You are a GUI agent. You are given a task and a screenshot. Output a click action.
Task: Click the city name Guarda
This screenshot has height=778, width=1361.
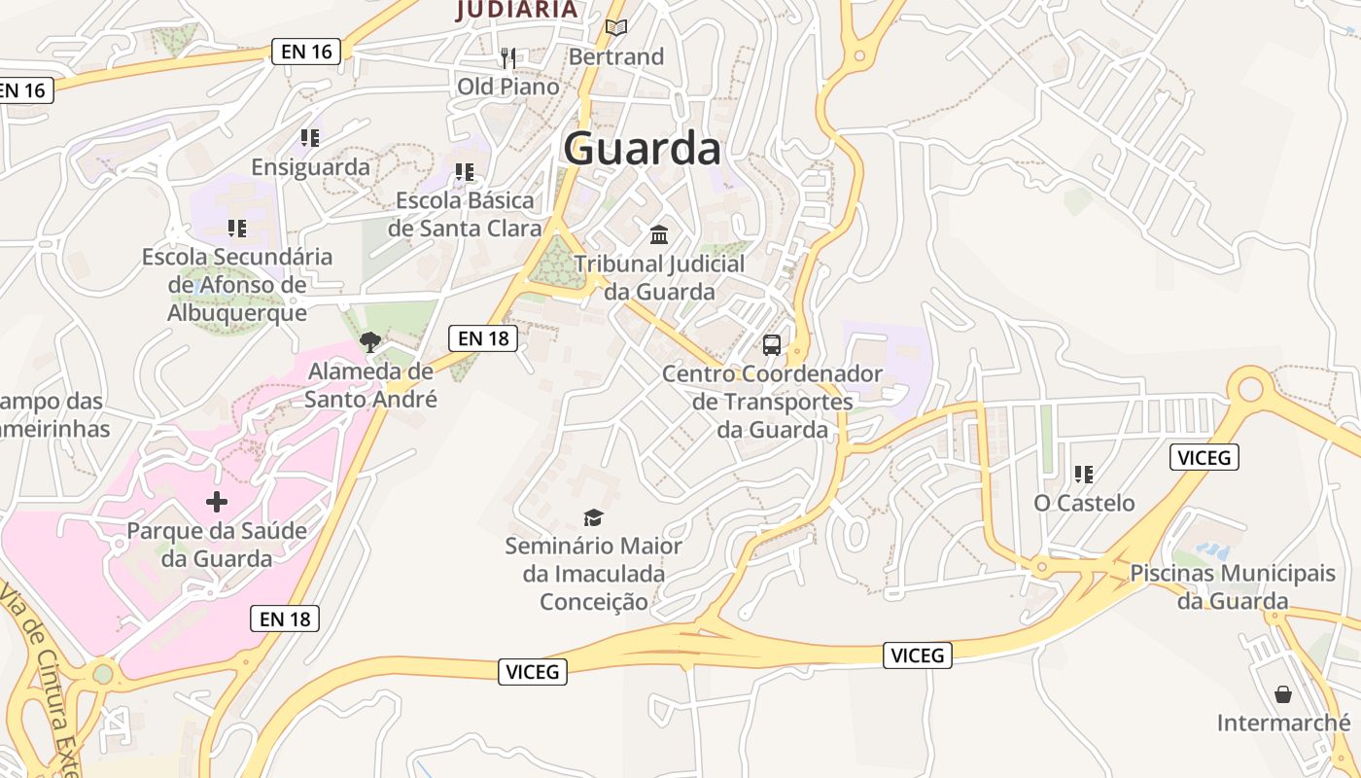click(642, 149)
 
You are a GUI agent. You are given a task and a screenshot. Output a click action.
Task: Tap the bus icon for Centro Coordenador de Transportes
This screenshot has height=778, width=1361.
click(772, 344)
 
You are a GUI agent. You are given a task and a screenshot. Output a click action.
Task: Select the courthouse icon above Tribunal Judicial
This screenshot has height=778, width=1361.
click(659, 234)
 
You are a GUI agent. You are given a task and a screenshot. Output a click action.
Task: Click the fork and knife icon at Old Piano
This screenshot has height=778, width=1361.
click(507, 58)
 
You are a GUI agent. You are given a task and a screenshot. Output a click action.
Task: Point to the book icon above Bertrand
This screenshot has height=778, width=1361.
click(616, 27)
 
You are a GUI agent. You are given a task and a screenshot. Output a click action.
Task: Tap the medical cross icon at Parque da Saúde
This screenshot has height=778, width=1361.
click(217, 502)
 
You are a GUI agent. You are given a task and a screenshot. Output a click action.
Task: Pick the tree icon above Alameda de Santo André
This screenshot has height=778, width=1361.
click(369, 341)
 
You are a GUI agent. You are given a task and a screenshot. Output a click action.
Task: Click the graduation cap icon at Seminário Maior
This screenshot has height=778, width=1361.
click(593, 517)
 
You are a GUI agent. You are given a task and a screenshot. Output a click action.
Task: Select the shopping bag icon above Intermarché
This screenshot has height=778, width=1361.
click(1283, 694)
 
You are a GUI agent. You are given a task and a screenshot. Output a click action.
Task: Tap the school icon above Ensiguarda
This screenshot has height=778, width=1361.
click(310, 138)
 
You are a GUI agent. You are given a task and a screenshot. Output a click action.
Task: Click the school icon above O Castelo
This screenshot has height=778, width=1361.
click(1084, 475)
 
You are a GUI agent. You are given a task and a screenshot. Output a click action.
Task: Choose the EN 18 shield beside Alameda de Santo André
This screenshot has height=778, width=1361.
click(483, 338)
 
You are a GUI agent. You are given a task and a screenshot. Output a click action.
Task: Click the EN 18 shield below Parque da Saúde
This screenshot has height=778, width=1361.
click(286, 618)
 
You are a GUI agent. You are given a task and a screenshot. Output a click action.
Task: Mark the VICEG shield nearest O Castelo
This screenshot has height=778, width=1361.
click(1204, 457)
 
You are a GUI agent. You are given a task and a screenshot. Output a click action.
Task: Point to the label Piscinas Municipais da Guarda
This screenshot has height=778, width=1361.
click(1233, 586)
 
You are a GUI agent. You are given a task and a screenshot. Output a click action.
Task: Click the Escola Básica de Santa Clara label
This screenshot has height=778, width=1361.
click(465, 214)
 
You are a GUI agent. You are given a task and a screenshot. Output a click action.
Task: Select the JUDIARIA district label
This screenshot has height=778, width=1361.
click(517, 10)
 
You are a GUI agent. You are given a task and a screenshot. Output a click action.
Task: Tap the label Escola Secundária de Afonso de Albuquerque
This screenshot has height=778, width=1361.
click(237, 284)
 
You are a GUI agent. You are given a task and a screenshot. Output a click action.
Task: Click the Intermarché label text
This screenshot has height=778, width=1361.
click(1283, 723)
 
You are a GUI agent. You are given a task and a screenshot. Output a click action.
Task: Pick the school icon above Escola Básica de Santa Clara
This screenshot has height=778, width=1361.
click(465, 172)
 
